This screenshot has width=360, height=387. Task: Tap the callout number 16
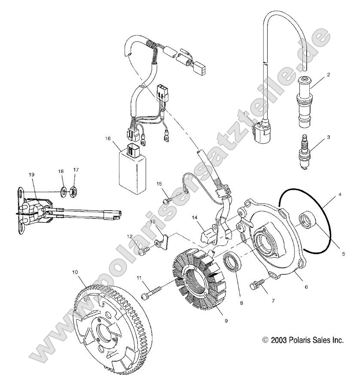pyautogui.click(x=107, y=138)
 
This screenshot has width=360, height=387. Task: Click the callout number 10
pyautogui.click(x=75, y=272)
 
